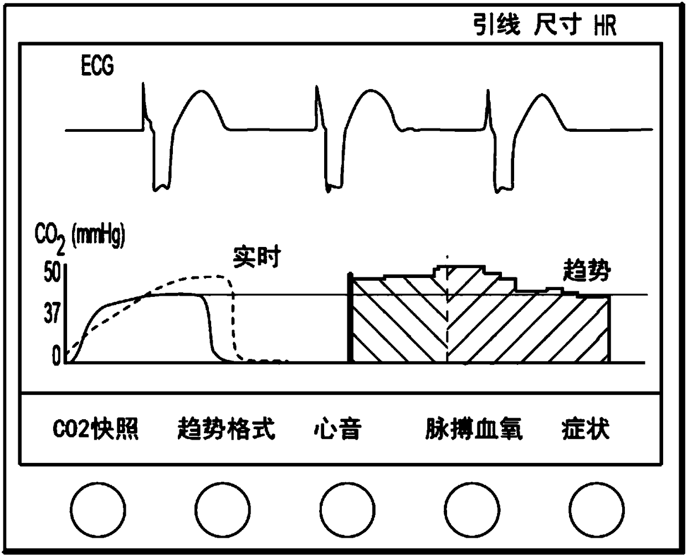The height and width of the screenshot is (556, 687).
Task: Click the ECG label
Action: (98, 66)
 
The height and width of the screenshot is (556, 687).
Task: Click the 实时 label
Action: (257, 258)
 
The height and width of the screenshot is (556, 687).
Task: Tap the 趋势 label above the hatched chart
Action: (587, 271)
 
